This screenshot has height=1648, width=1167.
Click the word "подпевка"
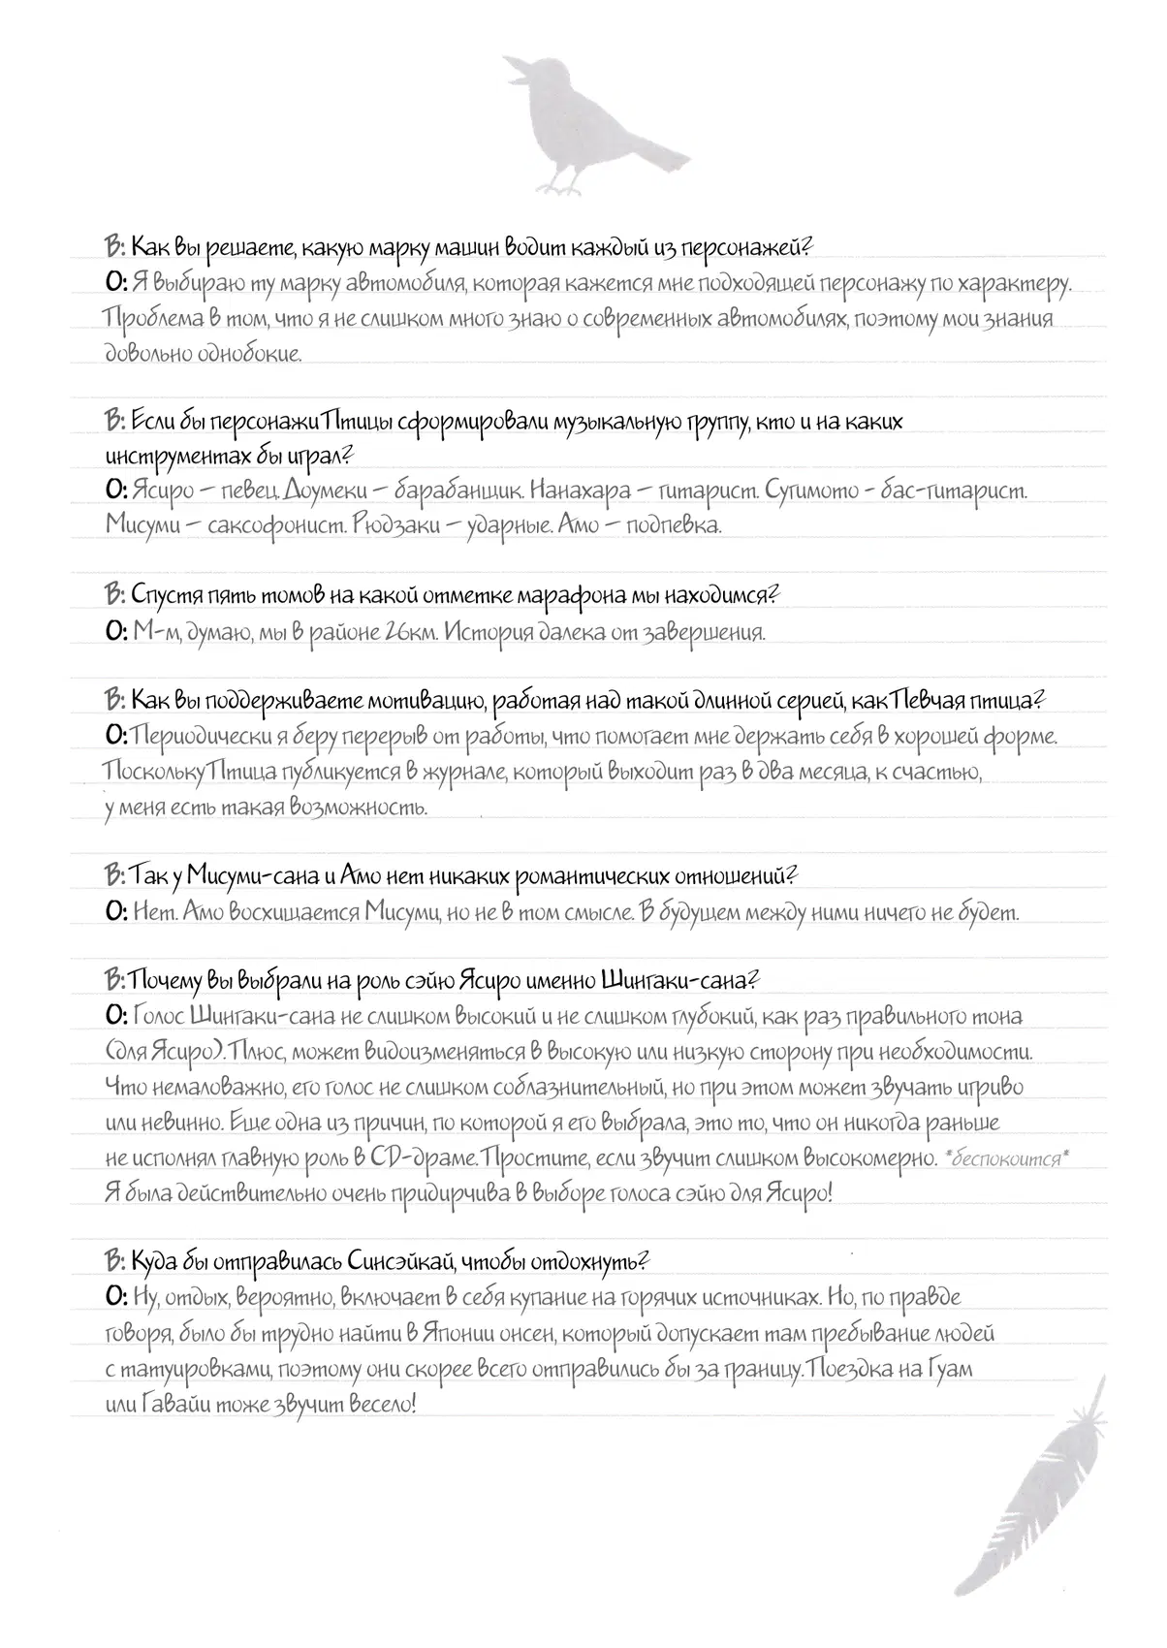point(675,525)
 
